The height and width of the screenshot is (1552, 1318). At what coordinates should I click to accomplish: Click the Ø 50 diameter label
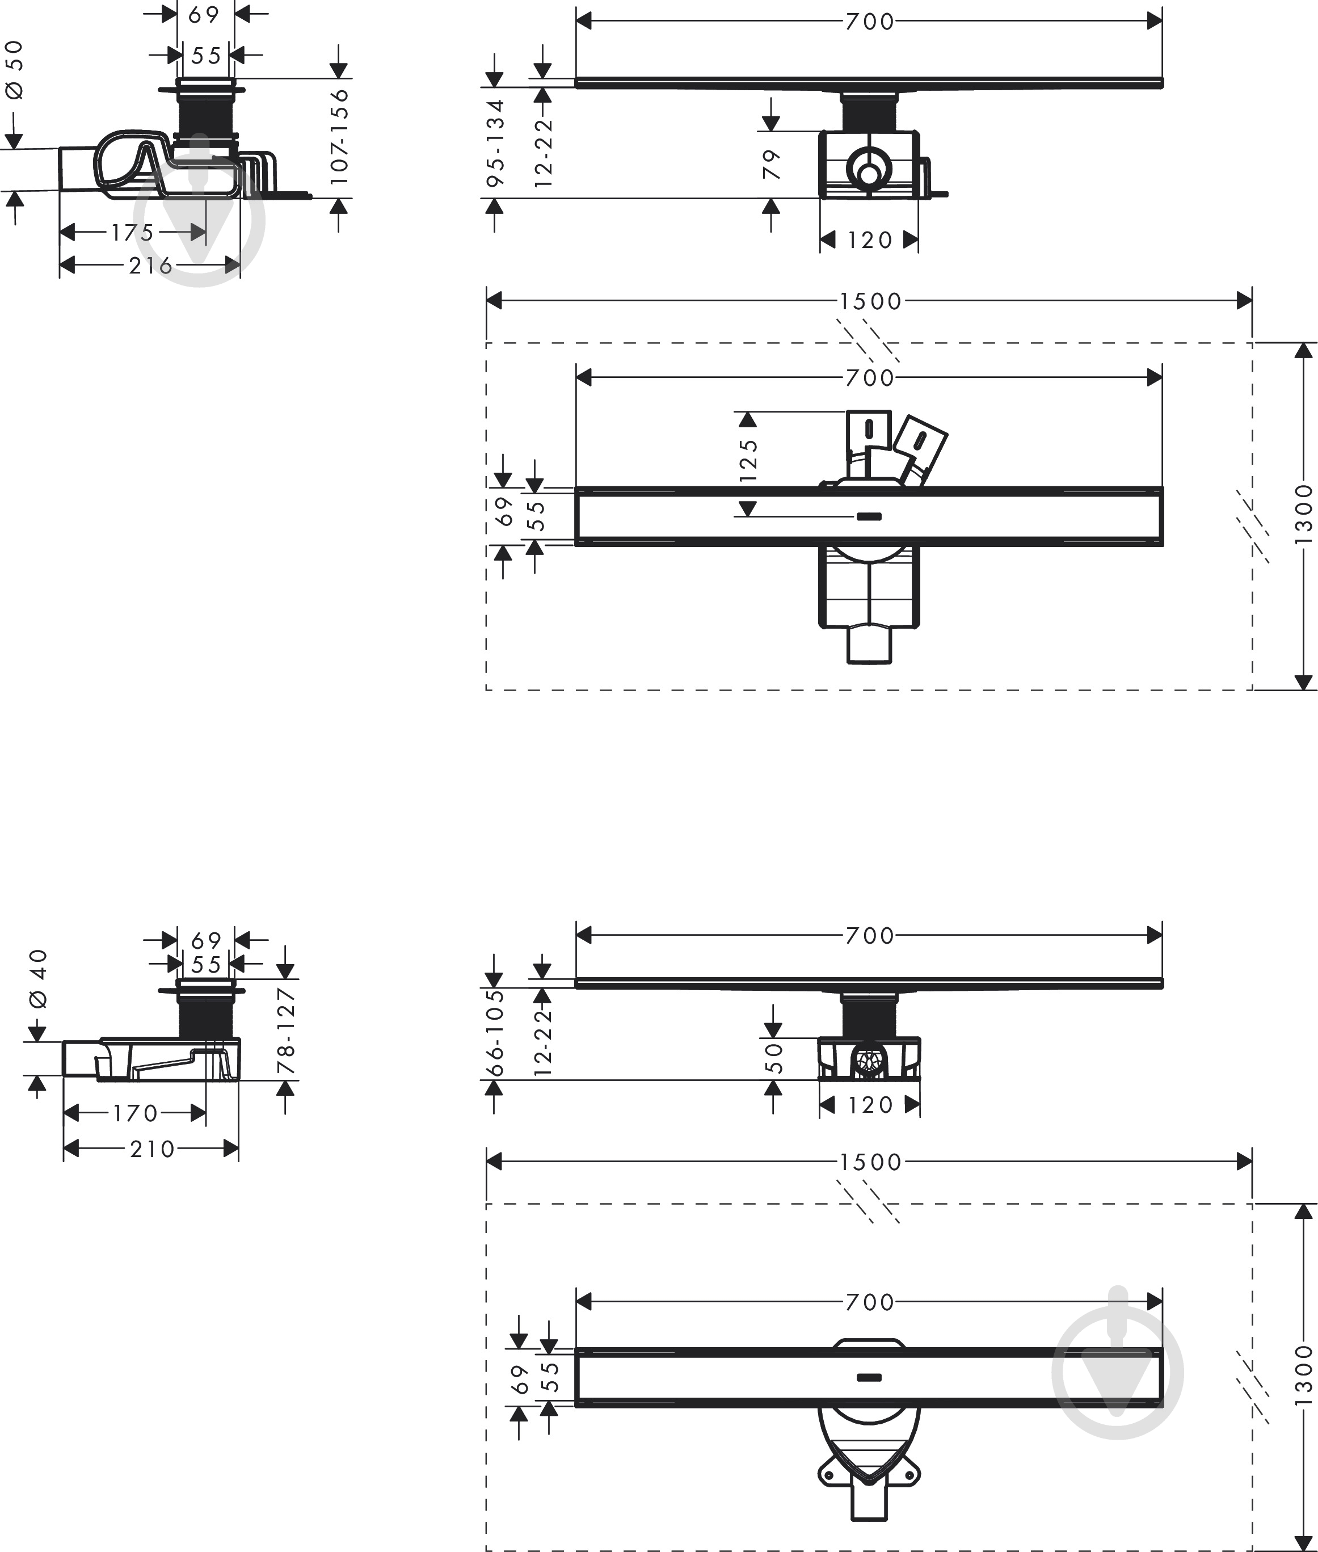[15, 69]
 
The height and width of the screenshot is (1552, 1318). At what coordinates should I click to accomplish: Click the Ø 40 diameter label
[38, 978]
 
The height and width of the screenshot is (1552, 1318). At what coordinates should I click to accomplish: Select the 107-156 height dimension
[339, 137]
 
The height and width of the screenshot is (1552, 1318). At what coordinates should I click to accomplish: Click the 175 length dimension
[133, 233]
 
